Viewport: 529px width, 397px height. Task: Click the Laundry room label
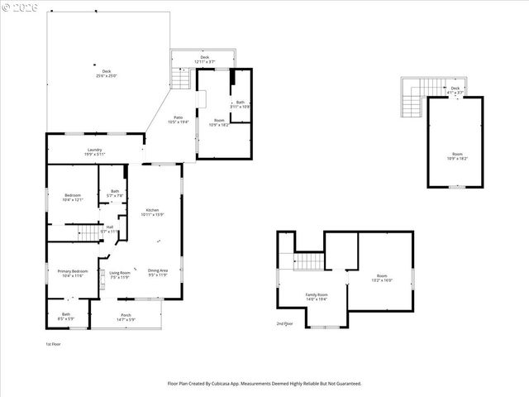coord(94,150)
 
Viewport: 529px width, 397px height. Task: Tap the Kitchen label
coord(152,210)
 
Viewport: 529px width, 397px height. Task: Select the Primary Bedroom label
coord(73,271)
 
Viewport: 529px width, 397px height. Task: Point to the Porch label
coord(126,315)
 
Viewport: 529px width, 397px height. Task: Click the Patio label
coord(178,117)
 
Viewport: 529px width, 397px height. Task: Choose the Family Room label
coord(317,295)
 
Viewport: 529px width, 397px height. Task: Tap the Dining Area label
coord(158,270)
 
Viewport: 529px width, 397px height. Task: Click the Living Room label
coord(120,272)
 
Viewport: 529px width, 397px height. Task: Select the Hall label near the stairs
coord(109,227)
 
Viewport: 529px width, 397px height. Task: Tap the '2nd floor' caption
coord(285,323)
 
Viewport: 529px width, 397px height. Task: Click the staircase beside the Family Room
coord(307,262)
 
